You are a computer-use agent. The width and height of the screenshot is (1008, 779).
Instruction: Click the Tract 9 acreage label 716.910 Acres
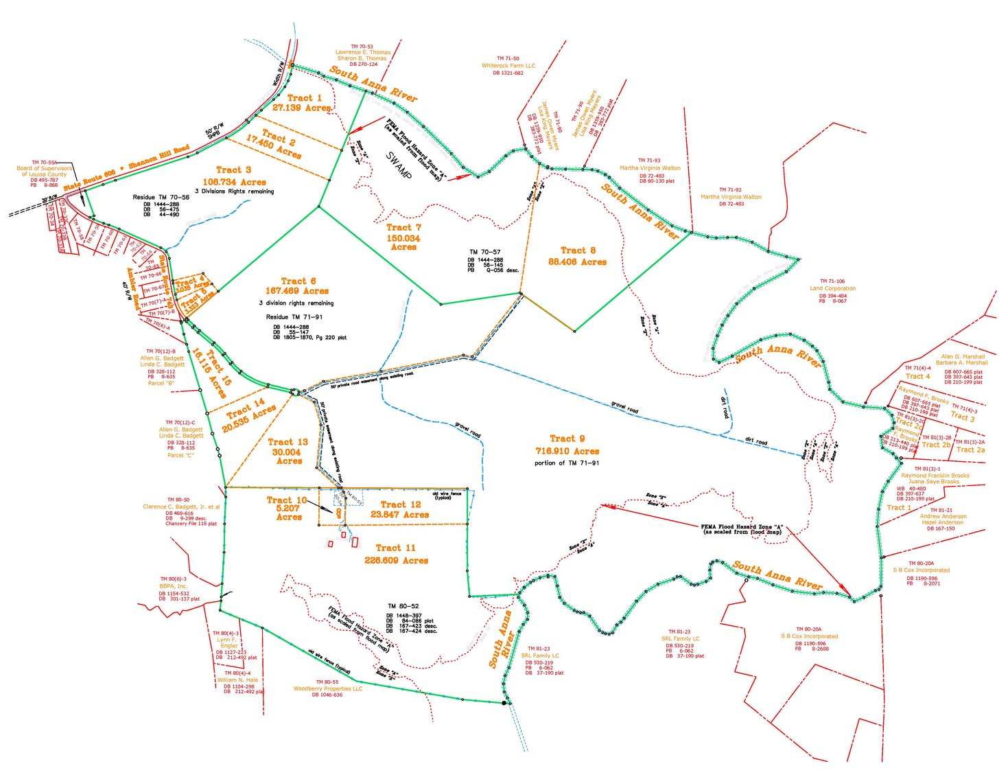click(567, 451)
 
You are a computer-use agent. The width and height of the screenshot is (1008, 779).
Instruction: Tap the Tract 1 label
click(304, 98)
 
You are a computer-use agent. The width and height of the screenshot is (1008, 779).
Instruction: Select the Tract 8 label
click(578, 251)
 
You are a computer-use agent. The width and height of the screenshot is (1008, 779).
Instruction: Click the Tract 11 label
click(395, 548)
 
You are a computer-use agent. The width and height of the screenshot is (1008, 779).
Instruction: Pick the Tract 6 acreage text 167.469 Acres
click(297, 291)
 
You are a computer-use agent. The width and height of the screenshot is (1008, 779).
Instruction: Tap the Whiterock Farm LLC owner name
click(508, 66)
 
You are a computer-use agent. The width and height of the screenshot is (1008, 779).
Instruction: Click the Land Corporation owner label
click(832, 288)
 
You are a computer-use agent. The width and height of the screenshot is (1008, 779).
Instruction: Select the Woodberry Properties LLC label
click(327, 688)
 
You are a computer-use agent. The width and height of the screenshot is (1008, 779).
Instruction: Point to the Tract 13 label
click(288, 442)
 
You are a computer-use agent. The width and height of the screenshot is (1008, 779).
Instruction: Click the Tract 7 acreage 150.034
click(403, 238)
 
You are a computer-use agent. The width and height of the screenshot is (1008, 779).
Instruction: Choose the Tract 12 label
click(401, 504)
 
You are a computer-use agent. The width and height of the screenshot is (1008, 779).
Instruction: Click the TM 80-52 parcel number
click(403, 606)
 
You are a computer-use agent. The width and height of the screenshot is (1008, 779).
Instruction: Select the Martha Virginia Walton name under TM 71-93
click(650, 167)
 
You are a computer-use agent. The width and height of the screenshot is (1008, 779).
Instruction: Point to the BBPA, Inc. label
click(173, 586)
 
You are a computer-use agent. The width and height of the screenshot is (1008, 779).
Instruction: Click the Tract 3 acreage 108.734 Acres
click(234, 182)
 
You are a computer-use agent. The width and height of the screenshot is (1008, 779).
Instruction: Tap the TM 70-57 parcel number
click(484, 252)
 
